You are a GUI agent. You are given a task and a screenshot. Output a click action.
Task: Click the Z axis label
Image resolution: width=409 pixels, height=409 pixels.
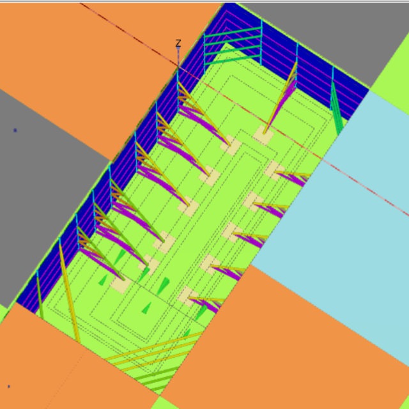coord(178,43)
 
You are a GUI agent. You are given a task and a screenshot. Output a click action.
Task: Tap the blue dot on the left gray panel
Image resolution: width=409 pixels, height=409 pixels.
coord(15,130)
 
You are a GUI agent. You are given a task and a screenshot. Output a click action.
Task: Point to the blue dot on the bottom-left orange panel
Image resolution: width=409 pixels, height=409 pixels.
coord(9,386)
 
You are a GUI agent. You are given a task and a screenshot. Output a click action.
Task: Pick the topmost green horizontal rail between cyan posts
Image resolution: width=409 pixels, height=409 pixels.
coord(233,32)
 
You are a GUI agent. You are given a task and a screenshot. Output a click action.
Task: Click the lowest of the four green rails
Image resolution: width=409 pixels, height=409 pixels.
coord(233,60)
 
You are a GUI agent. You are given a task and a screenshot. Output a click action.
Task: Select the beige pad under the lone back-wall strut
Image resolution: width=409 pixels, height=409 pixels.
coord(263,135)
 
